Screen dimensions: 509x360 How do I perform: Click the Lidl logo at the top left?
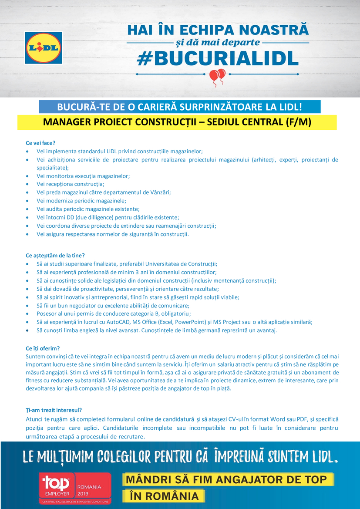[43, 48]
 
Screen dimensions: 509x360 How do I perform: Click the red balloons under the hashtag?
[217, 77]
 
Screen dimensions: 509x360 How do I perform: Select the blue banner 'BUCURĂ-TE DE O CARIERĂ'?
[179, 107]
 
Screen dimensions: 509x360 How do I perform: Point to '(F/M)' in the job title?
[298, 122]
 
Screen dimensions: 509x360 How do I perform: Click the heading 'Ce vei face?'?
[40, 143]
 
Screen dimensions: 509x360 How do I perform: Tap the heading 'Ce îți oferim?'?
[43, 348]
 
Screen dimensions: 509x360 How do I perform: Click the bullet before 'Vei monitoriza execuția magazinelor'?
[28, 176]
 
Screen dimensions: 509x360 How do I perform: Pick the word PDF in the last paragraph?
[302, 419]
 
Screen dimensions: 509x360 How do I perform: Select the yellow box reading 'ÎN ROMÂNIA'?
[164, 496]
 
